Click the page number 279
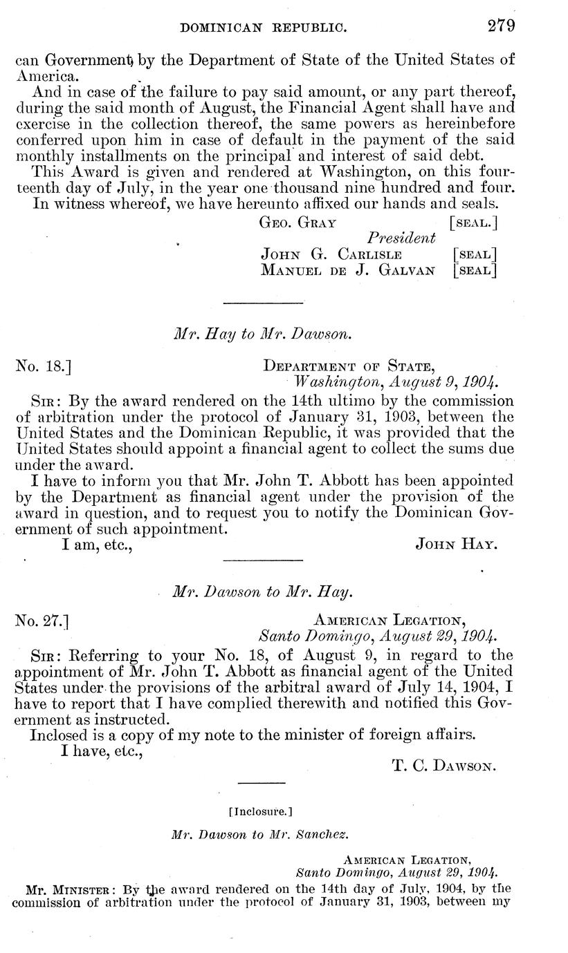(500, 26)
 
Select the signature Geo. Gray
(297, 223)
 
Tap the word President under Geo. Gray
(401, 238)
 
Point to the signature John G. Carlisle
(331, 254)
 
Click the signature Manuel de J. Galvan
(347, 270)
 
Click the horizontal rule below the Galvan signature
(264, 302)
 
